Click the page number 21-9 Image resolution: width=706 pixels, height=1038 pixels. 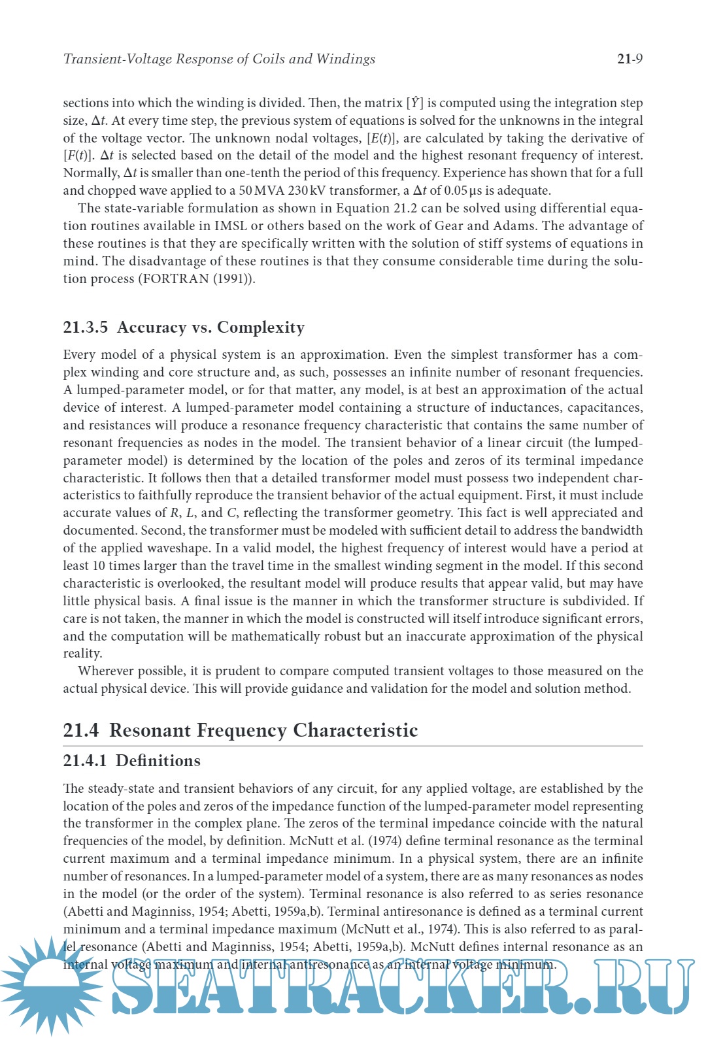(x=630, y=59)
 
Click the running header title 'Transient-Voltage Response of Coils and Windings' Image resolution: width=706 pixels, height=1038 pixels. (x=219, y=59)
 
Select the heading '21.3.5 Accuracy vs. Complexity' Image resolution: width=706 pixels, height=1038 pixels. (x=184, y=327)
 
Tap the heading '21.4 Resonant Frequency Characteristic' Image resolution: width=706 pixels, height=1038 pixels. (x=241, y=730)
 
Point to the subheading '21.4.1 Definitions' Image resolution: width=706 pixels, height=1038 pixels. (x=131, y=761)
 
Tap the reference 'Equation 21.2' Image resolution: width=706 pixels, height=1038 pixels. (x=377, y=209)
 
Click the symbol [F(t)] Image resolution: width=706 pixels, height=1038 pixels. (x=79, y=156)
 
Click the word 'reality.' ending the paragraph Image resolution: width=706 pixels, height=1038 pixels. (x=82, y=654)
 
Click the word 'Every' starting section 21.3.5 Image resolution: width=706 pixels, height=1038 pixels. (x=79, y=355)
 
